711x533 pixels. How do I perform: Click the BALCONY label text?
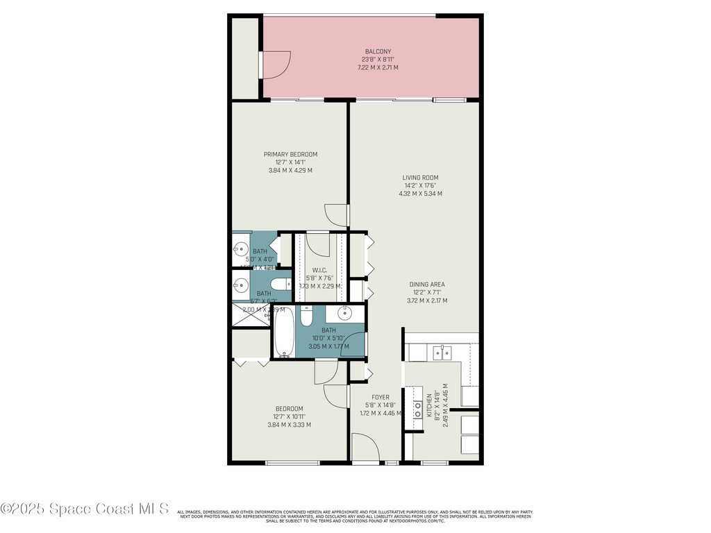[x=378, y=51]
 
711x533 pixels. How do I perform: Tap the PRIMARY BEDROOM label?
[x=290, y=154]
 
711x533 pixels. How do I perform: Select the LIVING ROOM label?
[x=420, y=178]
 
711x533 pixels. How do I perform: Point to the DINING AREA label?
[x=426, y=285]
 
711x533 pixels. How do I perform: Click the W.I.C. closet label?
[x=319, y=271]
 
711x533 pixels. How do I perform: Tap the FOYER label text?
[x=380, y=398]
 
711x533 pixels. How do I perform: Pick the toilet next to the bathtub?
[x=307, y=316]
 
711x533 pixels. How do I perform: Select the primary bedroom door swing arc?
[x=337, y=215]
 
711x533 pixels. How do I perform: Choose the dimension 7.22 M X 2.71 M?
[x=378, y=67]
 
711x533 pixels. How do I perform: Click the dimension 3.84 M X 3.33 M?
[x=289, y=425]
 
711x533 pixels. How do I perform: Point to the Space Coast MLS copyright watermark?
[x=85, y=509]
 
